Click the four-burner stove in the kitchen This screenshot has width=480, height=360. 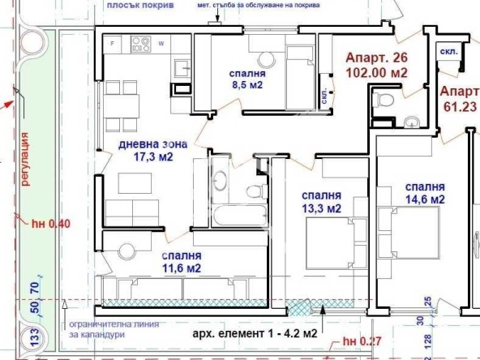(140, 44)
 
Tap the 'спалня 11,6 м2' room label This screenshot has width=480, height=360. (174, 262)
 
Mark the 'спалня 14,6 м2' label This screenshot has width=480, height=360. (424, 191)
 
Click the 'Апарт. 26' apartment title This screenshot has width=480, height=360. (375, 58)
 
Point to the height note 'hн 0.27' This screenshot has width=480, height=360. (360, 341)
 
